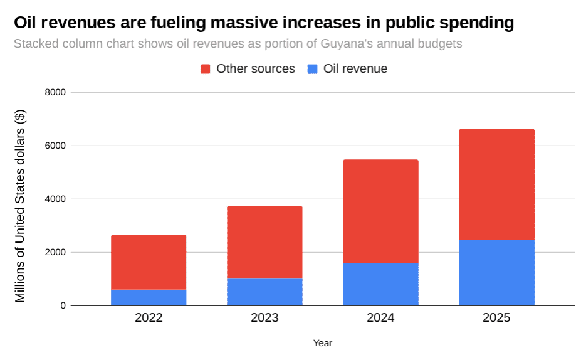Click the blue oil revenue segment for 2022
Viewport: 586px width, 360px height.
click(149, 297)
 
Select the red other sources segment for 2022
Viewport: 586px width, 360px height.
click(149, 262)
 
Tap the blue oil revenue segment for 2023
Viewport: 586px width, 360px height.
click(264, 292)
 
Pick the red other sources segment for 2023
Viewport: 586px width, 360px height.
click(264, 242)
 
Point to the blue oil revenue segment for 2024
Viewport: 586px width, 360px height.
click(380, 284)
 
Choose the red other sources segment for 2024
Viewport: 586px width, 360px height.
click(380, 211)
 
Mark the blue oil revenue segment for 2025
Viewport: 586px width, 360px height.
click(496, 273)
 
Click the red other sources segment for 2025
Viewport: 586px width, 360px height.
click(496, 185)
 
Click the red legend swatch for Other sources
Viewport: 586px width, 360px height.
click(206, 69)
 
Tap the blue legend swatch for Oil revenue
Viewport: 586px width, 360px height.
click(313, 69)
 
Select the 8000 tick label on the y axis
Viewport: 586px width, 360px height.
click(55, 93)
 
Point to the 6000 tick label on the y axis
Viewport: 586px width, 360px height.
click(55, 146)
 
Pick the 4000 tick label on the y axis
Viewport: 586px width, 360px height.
click(55, 199)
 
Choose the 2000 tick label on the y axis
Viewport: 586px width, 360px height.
click(55, 253)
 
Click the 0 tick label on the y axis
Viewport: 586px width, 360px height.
click(63, 306)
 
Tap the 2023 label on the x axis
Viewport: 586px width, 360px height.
click(264, 318)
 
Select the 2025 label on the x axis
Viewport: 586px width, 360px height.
click(496, 318)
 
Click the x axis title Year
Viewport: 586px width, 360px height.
click(323, 343)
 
